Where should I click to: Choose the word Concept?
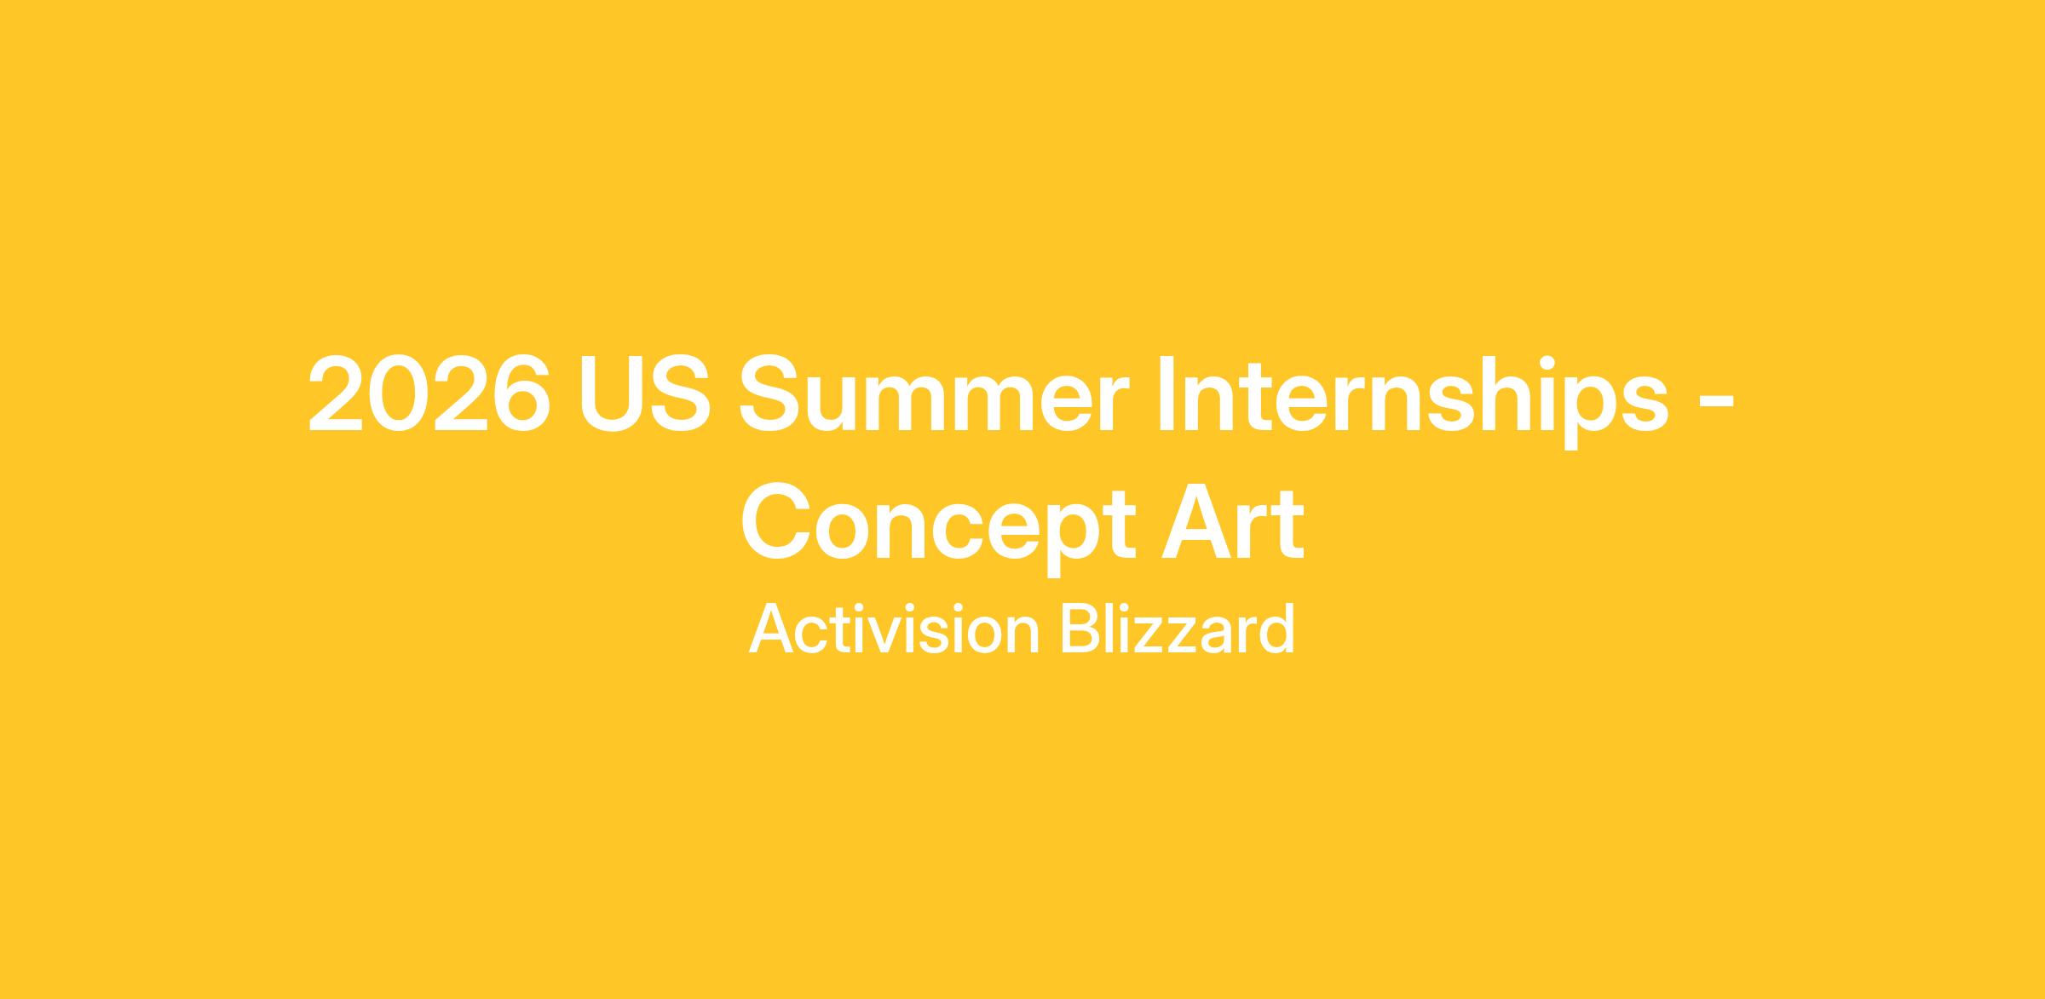(938, 525)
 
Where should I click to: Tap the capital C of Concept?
(775, 520)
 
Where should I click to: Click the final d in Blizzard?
(1278, 629)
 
